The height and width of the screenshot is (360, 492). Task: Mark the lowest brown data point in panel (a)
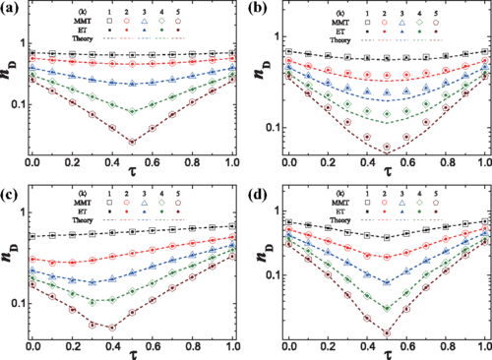(133, 142)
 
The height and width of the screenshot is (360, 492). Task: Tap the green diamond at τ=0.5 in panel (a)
(133, 112)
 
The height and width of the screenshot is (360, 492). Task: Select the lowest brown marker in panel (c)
(112, 327)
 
